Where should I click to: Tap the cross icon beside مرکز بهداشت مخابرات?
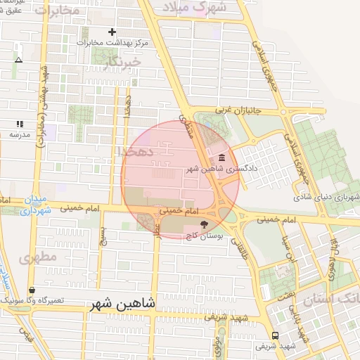pos(112,32)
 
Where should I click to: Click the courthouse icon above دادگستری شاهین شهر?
pos(222,157)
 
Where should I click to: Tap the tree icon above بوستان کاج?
pos(204,224)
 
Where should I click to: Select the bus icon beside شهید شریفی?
pos(274,335)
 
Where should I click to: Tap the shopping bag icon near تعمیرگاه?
pos(32,290)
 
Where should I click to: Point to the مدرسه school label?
pos(19,134)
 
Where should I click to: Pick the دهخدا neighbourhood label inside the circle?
pos(132,152)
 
